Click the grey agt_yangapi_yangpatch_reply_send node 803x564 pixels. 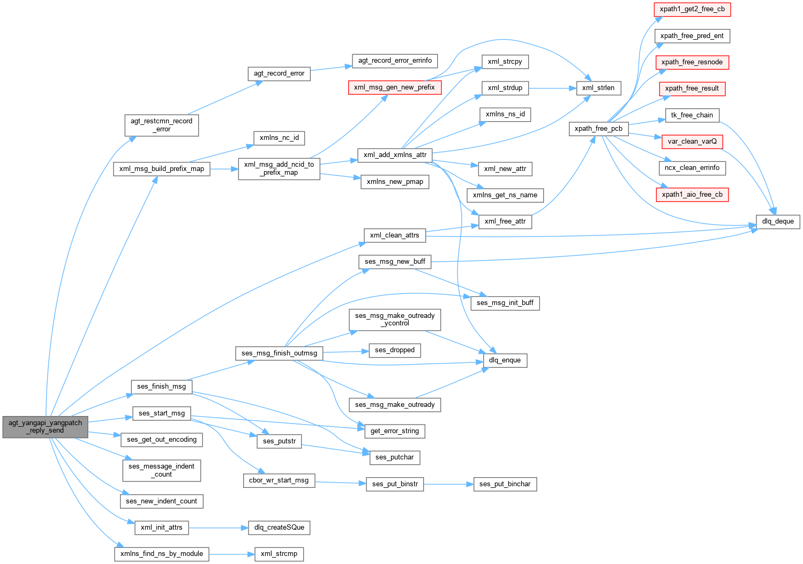click(x=45, y=427)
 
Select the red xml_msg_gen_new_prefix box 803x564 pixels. click(x=395, y=87)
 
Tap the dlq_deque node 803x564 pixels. click(x=778, y=221)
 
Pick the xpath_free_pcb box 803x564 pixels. click(x=598, y=129)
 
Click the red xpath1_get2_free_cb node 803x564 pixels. click(x=692, y=9)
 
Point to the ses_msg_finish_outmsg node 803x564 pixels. click(x=279, y=353)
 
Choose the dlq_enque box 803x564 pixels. click(x=505, y=360)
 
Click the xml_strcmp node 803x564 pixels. click(x=279, y=554)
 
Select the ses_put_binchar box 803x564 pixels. click(x=505, y=484)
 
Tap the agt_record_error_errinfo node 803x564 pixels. click(x=395, y=61)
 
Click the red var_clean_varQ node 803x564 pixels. click(x=692, y=142)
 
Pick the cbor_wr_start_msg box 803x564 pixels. click(x=279, y=480)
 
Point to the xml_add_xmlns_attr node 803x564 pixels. click(x=395, y=155)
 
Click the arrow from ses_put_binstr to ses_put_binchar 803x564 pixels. click(x=448, y=484)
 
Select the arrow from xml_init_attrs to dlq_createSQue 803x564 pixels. click(x=218, y=528)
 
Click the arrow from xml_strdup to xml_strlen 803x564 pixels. click(x=552, y=88)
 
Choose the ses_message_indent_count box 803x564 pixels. click(x=161, y=470)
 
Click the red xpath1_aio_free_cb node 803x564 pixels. click(x=692, y=195)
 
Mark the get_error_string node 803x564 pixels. click(x=395, y=431)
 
